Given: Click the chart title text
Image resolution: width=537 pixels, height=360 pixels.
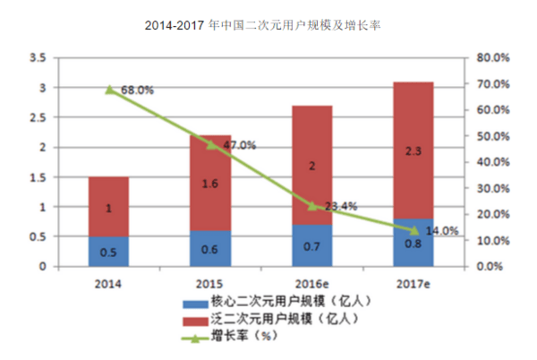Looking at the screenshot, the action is click(262, 25).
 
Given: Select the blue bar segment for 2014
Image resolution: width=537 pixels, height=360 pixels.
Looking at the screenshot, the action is click(108, 252).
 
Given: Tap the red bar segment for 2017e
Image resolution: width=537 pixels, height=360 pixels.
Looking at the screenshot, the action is click(413, 150).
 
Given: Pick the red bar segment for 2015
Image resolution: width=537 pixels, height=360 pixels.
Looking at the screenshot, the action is click(210, 183).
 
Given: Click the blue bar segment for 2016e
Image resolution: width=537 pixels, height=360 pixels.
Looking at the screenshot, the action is click(312, 245).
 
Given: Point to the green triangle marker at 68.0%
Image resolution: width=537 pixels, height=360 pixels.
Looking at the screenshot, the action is click(109, 90).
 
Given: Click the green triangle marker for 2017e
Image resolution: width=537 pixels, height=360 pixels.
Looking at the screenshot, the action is click(414, 230).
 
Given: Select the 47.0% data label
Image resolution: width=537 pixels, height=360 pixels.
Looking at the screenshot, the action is click(239, 145).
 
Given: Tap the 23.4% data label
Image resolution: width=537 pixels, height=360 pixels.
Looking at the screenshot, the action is click(341, 206).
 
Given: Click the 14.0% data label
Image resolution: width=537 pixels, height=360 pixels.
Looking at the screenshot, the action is click(442, 231).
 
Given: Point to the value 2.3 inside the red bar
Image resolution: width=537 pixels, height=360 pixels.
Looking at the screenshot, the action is click(413, 151).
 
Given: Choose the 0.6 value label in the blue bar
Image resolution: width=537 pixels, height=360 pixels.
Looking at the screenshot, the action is click(209, 249).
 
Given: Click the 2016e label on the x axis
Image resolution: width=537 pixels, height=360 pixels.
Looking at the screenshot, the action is click(311, 284).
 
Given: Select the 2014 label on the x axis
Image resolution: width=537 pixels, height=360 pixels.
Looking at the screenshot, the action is click(108, 284).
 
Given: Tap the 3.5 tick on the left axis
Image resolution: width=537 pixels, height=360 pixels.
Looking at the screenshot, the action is click(38, 57).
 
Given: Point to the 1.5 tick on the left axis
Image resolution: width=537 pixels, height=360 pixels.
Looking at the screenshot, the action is click(38, 177).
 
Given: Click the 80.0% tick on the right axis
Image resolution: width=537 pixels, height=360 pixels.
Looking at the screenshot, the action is click(493, 57).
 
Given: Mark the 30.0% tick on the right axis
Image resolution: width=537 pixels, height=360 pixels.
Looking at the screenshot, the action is click(493, 188).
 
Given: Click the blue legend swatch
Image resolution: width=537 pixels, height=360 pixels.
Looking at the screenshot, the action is click(195, 304).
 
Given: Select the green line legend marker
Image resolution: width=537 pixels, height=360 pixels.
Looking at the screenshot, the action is click(195, 339).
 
